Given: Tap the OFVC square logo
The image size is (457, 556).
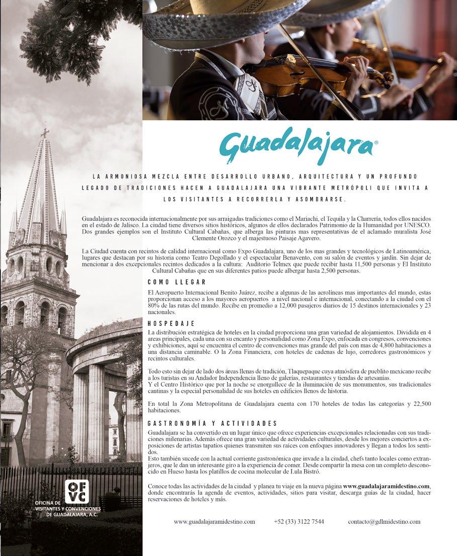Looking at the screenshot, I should click(x=76, y=492).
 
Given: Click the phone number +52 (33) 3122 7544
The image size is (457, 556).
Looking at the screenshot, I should click(x=299, y=522).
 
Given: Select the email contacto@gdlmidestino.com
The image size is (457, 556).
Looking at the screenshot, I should click(x=384, y=522).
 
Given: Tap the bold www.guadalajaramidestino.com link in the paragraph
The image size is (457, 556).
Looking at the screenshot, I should click(x=386, y=487).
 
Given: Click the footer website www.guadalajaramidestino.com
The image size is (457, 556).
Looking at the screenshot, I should click(x=214, y=522).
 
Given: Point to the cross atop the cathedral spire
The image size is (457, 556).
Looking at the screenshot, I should click(x=45, y=133).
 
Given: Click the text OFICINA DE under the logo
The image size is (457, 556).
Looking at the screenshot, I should click(x=48, y=502).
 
